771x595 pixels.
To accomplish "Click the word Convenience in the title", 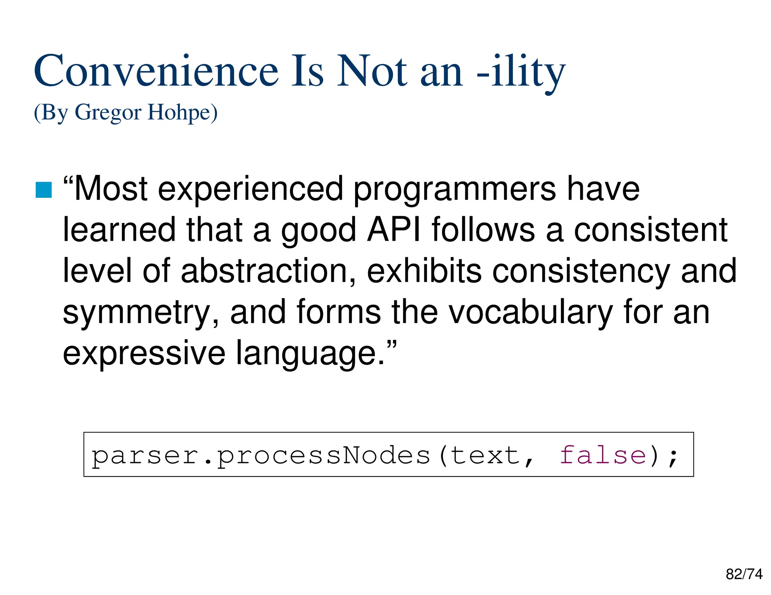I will (156, 71).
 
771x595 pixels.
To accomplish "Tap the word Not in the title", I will (372, 71).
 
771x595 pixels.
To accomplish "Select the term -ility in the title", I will (521, 71).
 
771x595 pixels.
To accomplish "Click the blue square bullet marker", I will (43, 190).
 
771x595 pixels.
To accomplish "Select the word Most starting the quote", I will (111, 189).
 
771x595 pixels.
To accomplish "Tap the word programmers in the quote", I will (454, 190).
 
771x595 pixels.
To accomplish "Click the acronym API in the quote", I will (394, 230).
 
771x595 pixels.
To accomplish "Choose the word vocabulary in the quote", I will (531, 312).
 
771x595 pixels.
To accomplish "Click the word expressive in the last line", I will (144, 353).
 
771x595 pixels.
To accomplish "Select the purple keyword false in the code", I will (603, 455).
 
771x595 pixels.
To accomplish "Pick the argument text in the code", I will (486, 455).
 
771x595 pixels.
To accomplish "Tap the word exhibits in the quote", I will (424, 271).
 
